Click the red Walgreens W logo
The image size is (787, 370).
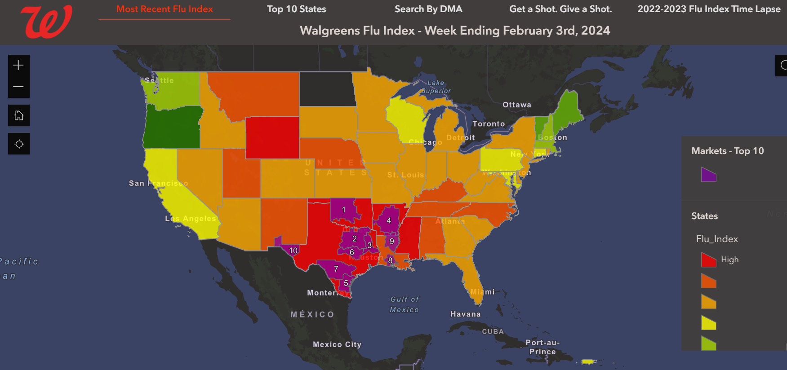(x=46, y=22)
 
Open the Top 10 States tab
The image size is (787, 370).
(x=296, y=9)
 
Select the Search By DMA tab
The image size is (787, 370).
(x=428, y=9)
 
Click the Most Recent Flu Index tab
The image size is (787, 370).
(x=165, y=9)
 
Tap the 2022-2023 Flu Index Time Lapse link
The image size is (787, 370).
(x=709, y=9)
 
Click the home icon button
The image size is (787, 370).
(x=19, y=115)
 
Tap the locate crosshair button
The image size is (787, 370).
(x=19, y=144)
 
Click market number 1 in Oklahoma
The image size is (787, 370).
(x=344, y=210)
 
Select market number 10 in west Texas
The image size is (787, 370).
(x=293, y=251)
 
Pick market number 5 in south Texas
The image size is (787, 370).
(x=346, y=283)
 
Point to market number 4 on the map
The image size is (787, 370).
(x=389, y=220)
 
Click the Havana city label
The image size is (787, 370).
(x=466, y=314)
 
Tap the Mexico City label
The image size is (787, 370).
(x=337, y=344)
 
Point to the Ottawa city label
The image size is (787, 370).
(x=517, y=105)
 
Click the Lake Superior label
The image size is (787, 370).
(x=436, y=87)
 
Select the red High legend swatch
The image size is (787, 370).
(x=708, y=260)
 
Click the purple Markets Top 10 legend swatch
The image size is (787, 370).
(x=708, y=175)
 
